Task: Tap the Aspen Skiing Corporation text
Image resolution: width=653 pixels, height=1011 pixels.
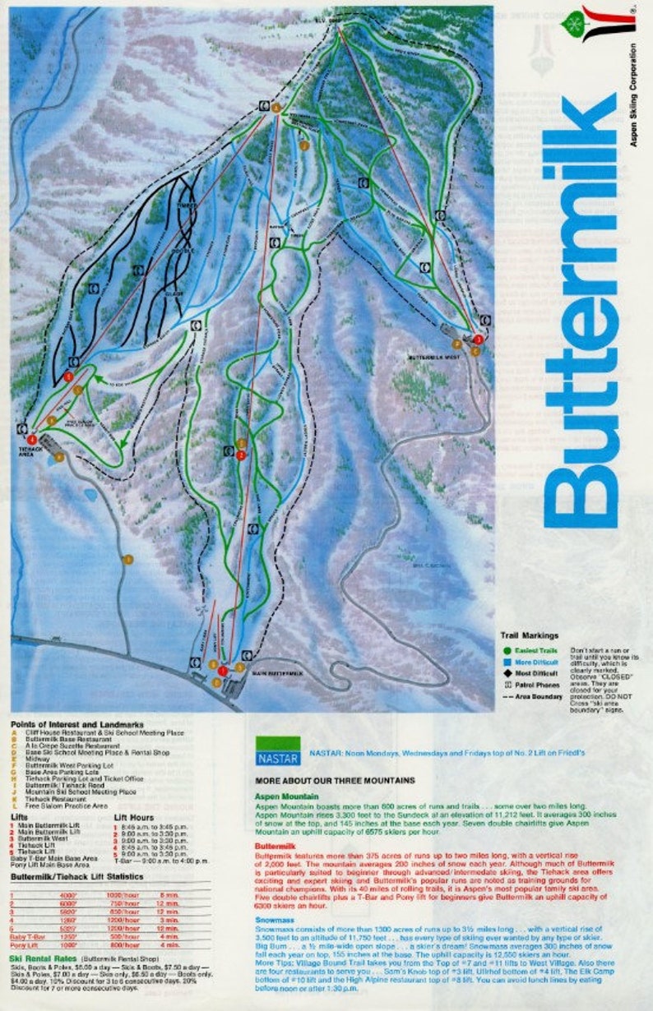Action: point(633,95)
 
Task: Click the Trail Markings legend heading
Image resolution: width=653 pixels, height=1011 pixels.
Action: point(530,635)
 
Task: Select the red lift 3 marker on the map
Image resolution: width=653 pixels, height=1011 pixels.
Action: point(478,339)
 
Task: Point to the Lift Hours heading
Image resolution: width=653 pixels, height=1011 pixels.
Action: point(133,816)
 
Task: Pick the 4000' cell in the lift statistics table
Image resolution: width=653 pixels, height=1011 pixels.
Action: point(68,893)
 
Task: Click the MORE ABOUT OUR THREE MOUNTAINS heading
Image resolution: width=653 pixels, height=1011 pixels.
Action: point(335,779)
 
